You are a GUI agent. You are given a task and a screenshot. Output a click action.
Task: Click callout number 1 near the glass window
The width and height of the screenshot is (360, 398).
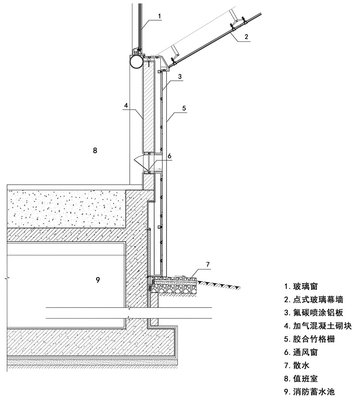point(159,16)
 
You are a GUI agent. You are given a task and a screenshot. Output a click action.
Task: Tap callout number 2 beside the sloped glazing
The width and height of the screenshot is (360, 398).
point(246,36)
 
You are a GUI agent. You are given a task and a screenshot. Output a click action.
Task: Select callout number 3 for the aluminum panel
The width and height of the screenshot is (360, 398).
point(180,76)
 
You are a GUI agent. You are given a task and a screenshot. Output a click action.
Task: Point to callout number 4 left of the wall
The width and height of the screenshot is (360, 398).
point(126,105)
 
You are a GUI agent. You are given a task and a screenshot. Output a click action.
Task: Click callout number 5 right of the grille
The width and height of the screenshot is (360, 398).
point(184,108)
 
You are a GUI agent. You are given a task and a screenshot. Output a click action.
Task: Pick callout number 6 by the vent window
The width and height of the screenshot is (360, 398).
point(169,156)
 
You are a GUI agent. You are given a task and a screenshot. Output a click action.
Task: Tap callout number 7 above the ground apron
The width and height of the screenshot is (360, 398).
point(208,264)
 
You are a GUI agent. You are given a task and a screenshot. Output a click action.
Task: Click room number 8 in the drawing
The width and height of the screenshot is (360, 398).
point(95,151)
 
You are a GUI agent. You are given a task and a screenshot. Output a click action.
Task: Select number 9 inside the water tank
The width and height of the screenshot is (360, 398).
point(98,280)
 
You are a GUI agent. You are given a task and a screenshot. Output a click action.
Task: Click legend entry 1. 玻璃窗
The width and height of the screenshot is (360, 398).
point(301,286)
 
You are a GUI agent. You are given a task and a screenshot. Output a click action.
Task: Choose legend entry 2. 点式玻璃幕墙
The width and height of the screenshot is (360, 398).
point(314,300)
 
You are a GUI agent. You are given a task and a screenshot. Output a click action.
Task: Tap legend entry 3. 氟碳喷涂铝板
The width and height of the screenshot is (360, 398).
point(314,313)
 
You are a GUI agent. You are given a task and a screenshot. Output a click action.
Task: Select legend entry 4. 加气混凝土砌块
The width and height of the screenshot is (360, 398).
point(318,326)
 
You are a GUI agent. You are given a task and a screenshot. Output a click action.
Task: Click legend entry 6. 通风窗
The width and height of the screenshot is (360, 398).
point(301,352)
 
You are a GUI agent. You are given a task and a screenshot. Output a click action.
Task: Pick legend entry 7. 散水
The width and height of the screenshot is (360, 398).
point(297,365)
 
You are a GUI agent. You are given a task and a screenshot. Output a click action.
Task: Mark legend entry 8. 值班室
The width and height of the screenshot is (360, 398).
point(301,379)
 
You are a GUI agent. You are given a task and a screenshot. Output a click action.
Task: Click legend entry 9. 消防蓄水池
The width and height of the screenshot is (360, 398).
point(309,392)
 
